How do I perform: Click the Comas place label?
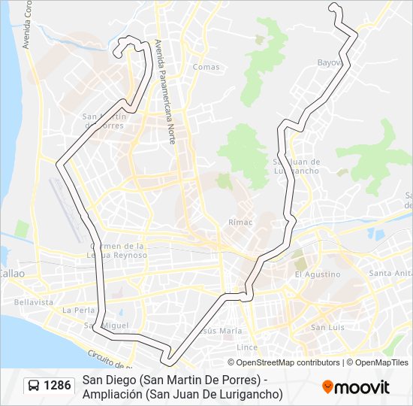(x=206, y=67)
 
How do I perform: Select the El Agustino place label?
(x=318, y=274)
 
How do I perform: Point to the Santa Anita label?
(x=390, y=273)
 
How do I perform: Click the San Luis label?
(x=327, y=327)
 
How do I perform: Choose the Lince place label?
(x=247, y=347)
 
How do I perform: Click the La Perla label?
(x=77, y=310)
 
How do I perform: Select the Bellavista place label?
(x=33, y=301)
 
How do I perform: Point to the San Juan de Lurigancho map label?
(x=297, y=166)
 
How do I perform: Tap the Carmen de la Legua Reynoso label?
(x=116, y=250)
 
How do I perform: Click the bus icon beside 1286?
(x=34, y=386)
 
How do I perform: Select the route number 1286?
(x=58, y=386)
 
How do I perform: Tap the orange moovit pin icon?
(x=327, y=387)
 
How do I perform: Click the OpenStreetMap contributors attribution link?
(x=288, y=362)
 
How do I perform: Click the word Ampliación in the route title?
(x=113, y=393)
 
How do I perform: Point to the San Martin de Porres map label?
(x=103, y=121)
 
